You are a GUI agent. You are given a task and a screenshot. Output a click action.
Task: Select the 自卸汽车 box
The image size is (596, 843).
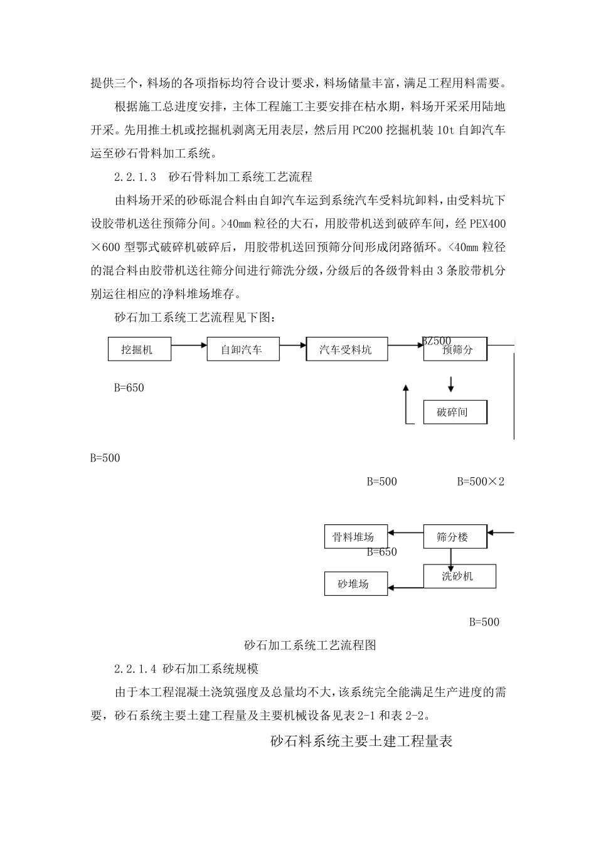click(242, 349)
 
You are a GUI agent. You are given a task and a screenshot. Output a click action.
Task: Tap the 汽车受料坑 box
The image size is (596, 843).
click(346, 349)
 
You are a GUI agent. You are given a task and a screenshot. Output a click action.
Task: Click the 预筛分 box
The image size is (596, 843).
click(456, 349)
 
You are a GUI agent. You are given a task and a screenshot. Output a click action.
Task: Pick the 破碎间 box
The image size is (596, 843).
click(455, 412)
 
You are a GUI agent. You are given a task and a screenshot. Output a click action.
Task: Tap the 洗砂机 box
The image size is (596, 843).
click(459, 576)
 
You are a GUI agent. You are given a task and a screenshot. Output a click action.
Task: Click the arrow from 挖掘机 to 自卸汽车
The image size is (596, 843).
click(189, 344)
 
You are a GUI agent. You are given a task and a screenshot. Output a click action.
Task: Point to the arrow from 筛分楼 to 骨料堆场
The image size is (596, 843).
click(405, 533)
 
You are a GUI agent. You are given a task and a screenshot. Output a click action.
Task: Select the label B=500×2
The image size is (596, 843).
click(481, 482)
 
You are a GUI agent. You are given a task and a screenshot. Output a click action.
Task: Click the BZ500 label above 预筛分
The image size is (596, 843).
click(437, 341)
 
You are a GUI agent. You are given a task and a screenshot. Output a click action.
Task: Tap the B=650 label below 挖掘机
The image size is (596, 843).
click(129, 388)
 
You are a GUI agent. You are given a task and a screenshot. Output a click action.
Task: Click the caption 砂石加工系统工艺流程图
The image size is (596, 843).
click(310, 645)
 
